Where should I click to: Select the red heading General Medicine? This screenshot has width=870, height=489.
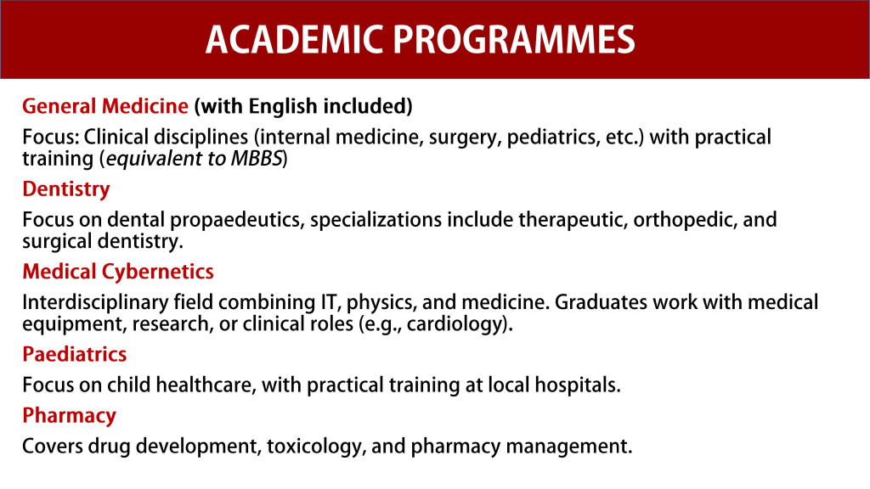coord(105,107)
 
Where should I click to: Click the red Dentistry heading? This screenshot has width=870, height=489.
coord(66,188)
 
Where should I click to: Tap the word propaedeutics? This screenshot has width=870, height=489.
coord(237,220)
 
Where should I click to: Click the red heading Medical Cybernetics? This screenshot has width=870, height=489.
coord(118,272)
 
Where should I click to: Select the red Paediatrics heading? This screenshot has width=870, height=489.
coord(75,354)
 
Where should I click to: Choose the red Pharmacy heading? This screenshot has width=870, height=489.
coord(69,416)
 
